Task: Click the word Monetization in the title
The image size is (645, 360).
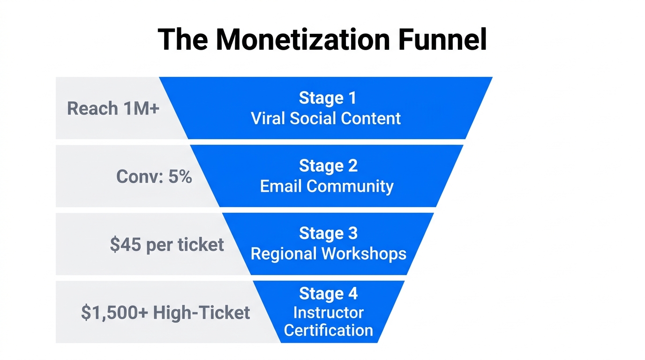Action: coord(302,40)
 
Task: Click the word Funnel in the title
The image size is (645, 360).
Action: coord(442,40)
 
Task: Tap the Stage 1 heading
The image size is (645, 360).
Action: coord(327,98)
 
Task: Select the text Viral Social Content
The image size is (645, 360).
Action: coord(326,118)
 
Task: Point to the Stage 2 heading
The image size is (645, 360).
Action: coord(328,166)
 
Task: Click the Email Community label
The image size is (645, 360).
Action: coord(327,186)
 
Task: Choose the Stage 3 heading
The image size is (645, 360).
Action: coord(328,233)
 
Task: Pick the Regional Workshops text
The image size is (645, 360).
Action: coord(328,254)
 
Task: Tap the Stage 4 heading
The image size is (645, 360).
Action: coord(328,293)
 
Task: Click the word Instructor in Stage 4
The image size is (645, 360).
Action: coord(328,312)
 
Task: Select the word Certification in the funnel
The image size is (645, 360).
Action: coord(328,330)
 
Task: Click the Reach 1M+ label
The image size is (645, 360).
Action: coord(113,108)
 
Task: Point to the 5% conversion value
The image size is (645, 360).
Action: coord(180,177)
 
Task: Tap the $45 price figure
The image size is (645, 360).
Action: coord(126,244)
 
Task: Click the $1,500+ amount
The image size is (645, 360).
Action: coord(114,313)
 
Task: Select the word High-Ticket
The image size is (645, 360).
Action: coord(202,313)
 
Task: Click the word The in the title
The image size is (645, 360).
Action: coord(183,40)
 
